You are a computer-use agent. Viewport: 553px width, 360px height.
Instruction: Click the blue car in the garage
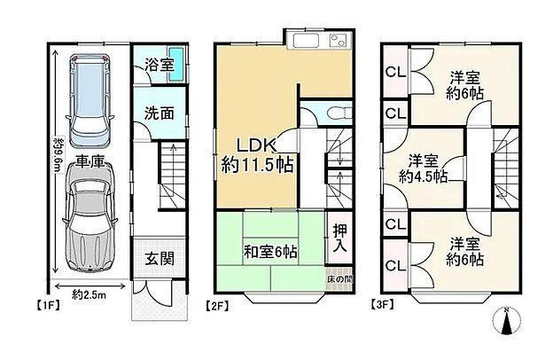90,100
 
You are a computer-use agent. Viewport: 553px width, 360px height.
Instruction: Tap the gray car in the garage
90,217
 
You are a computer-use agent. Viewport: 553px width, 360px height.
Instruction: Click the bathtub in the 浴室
176,64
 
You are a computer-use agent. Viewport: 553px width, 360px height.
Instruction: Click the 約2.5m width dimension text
89,294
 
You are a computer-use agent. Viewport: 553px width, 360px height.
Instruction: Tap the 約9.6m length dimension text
58,156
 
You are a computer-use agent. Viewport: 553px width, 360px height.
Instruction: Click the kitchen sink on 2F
307,40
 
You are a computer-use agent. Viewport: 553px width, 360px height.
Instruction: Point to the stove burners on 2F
339,40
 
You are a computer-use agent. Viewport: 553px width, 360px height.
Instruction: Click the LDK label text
256,145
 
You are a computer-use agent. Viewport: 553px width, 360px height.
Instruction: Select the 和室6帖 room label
270,252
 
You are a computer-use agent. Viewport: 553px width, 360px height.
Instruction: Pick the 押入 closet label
340,239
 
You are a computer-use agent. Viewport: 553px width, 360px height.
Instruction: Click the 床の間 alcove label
340,278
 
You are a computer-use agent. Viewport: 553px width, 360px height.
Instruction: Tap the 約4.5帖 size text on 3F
424,176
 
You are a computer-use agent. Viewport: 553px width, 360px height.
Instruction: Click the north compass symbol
506,321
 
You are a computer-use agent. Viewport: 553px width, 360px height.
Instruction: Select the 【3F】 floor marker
382,304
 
